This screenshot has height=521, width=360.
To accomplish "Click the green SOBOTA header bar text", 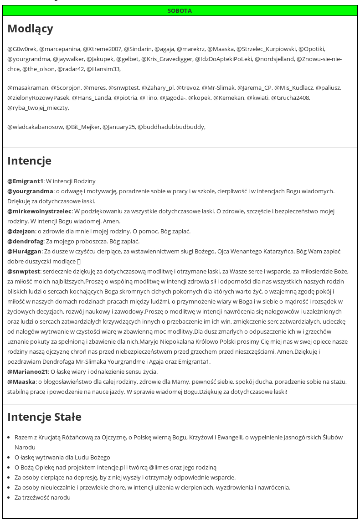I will point(180,10).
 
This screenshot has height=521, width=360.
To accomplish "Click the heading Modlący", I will point(30,29).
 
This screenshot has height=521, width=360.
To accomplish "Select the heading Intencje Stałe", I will point(44,417).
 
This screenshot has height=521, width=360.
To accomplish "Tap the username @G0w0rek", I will point(22,49).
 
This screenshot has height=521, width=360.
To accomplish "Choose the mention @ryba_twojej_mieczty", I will point(38,108).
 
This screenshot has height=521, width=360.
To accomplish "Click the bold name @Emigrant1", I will point(25,181).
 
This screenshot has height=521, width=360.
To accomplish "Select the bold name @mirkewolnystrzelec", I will point(40,211).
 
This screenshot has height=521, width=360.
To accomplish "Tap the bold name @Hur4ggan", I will point(25,251).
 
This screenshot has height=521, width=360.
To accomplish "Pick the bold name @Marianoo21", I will point(28,371).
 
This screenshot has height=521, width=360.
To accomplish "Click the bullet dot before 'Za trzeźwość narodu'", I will point(10,498).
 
